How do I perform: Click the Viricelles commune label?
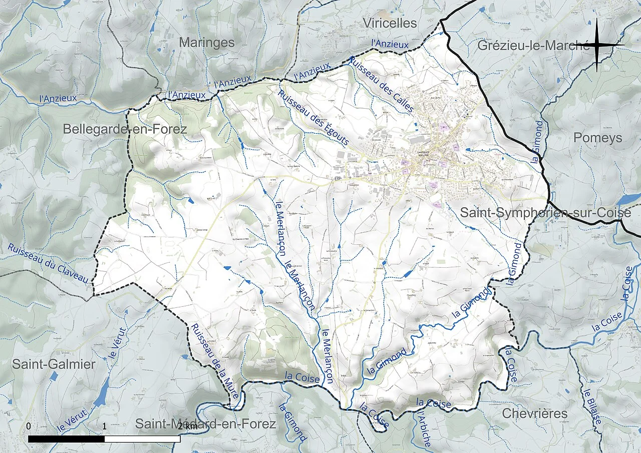click(x=390, y=23)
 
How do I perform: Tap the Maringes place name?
click(x=206, y=43)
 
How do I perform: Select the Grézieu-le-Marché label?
click(x=532, y=46)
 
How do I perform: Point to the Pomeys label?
click(x=597, y=138)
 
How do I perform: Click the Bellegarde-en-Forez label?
click(x=125, y=129)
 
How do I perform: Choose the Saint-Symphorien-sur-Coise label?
click(x=545, y=213)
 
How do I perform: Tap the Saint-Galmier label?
click(x=54, y=364)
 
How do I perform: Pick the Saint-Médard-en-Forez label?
click(x=205, y=424)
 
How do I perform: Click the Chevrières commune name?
click(x=534, y=413)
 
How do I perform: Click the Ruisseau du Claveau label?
click(x=48, y=263)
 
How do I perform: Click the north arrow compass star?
click(x=597, y=45)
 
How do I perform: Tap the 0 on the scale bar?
click(x=29, y=426)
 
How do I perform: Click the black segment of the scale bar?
click(x=66, y=439)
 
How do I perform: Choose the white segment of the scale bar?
click(x=142, y=439)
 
